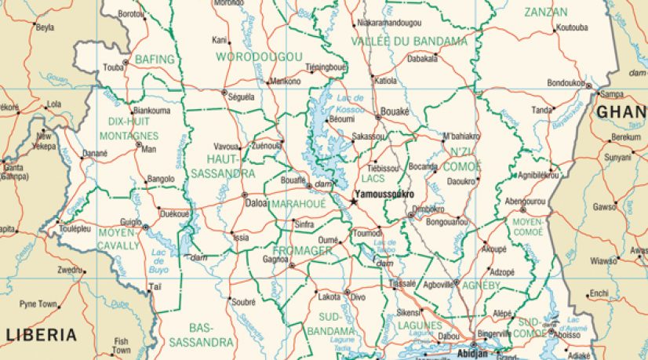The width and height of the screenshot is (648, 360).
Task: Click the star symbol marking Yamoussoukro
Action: click(353, 202)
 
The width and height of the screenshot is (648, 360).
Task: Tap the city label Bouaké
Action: click(395, 112)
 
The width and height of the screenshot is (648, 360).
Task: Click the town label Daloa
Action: click(257, 203)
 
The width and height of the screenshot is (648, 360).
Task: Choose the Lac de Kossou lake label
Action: click(349, 101)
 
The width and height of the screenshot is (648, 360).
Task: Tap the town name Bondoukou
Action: click(566, 82)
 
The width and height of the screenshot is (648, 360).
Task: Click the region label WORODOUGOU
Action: click(259, 56)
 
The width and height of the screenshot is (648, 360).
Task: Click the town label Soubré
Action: click(244, 301)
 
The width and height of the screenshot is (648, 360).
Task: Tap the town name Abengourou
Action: click(525, 202)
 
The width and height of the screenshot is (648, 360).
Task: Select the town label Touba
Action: click(114, 67)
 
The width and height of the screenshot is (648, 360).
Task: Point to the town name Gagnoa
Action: click(275, 258)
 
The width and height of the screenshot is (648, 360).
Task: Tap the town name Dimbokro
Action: click(428, 209)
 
